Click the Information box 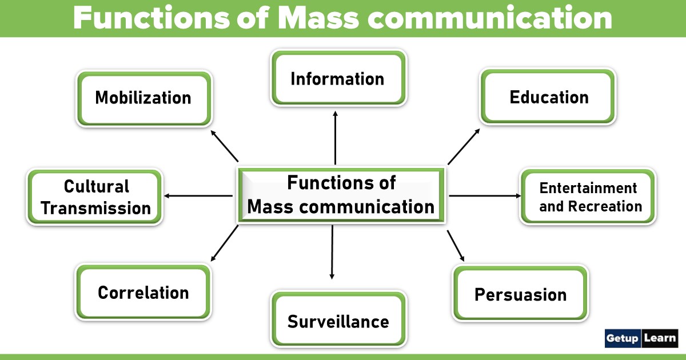(x=338, y=78)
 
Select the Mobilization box (x=143, y=98)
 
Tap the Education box (x=548, y=97)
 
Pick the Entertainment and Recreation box (x=588, y=197)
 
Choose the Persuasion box (x=520, y=294)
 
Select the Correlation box (x=143, y=292)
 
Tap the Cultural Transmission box (x=95, y=197)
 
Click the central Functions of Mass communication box (x=341, y=195)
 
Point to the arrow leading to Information (x=335, y=138)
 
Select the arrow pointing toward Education (x=464, y=146)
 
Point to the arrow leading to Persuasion (x=456, y=246)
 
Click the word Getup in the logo (x=623, y=338)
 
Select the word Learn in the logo (x=660, y=338)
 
